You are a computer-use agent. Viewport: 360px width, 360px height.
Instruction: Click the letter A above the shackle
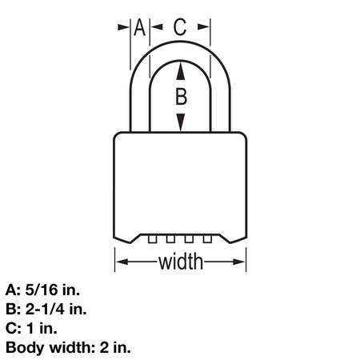tap(139, 27)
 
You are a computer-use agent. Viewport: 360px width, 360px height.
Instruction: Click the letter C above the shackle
tap(180, 27)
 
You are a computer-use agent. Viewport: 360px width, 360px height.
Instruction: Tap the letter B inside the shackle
tap(182, 96)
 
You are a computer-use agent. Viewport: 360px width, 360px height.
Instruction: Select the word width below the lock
tap(181, 262)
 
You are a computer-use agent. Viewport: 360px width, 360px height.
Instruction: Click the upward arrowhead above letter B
tap(181, 70)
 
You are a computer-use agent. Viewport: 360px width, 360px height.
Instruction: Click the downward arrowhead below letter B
tap(181, 122)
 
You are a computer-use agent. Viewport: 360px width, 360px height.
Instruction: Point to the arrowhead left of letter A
tap(123, 27)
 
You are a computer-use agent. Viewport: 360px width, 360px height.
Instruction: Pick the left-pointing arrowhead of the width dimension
tap(123, 262)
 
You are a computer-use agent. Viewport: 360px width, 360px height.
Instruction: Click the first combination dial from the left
tap(152, 238)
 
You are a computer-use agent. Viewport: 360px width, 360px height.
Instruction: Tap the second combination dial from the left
tap(170, 238)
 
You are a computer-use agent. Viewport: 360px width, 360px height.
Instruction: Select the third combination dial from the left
tap(189, 238)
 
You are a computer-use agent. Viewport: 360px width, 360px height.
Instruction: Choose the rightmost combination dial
tap(207, 238)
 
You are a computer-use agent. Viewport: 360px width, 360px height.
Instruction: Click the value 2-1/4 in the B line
tap(45, 309)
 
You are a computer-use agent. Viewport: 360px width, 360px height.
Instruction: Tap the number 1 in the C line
tap(31, 328)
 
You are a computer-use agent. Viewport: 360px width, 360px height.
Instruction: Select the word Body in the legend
tap(26, 348)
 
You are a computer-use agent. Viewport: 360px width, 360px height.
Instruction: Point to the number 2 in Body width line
tap(104, 347)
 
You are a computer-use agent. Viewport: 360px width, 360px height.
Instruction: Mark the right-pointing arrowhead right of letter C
tap(203, 27)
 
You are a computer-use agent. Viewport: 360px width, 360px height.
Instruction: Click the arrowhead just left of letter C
tap(157, 27)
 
